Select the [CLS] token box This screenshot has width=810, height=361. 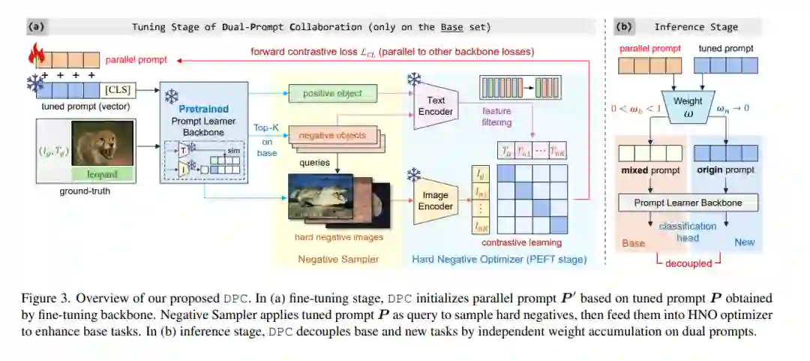(x=118, y=90)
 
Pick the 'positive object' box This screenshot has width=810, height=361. (x=331, y=94)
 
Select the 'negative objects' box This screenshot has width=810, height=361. (x=332, y=136)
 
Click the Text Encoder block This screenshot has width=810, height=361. (x=435, y=106)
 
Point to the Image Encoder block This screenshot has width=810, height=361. (x=435, y=201)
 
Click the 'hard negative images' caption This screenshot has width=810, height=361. (x=328, y=237)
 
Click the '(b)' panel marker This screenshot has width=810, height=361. (x=624, y=27)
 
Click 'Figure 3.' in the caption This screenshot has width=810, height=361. (x=52, y=299)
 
